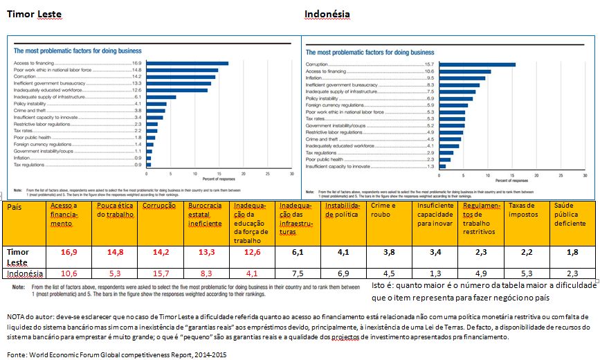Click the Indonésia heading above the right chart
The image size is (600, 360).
point(327,14)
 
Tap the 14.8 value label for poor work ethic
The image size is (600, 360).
point(136,70)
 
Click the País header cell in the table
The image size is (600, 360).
point(15,206)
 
